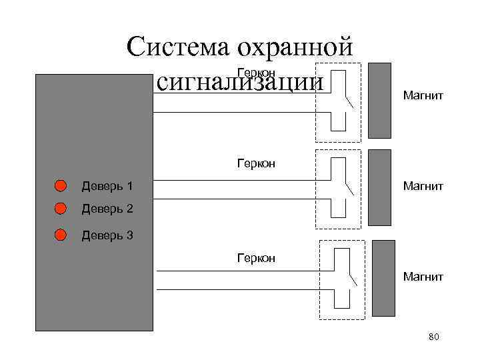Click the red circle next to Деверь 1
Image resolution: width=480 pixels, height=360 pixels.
[x=61, y=185]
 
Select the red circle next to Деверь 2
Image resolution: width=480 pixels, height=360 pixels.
[x=61, y=209]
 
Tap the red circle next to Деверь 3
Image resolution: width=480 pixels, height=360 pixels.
[x=61, y=235]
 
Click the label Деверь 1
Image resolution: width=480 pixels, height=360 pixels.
[x=107, y=185]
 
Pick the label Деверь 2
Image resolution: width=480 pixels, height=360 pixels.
[x=107, y=209]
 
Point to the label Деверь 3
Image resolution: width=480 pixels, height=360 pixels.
[x=107, y=235]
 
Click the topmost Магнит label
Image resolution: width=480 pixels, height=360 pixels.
[x=423, y=97]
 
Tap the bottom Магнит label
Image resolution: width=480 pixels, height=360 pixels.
[x=423, y=275]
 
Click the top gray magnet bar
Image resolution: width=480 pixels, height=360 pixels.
[x=379, y=101]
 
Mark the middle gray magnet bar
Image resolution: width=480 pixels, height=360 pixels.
[x=379, y=187]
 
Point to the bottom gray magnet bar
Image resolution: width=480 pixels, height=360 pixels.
[x=383, y=278]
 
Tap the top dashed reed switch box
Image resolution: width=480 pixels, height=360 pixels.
[x=337, y=102]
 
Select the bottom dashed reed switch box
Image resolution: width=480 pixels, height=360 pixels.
[x=342, y=279]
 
